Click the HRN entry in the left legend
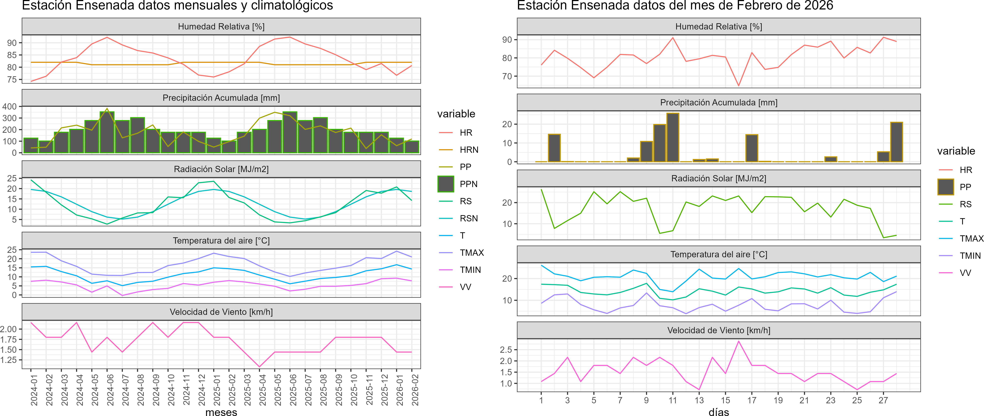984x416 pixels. click(x=469, y=150)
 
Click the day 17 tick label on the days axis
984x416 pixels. click(x=752, y=400)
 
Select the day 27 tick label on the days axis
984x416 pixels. click(x=883, y=400)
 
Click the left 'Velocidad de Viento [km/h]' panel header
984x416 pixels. click(x=221, y=312)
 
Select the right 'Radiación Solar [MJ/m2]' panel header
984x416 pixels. click(x=718, y=179)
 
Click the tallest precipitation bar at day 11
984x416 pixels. click(x=673, y=138)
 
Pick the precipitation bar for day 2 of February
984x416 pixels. click(x=554, y=148)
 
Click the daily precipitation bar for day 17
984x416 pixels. click(x=752, y=148)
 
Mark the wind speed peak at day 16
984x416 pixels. click(x=738, y=341)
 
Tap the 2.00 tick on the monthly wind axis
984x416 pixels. click(x=8, y=329)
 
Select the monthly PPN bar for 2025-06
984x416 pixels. click(x=290, y=132)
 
